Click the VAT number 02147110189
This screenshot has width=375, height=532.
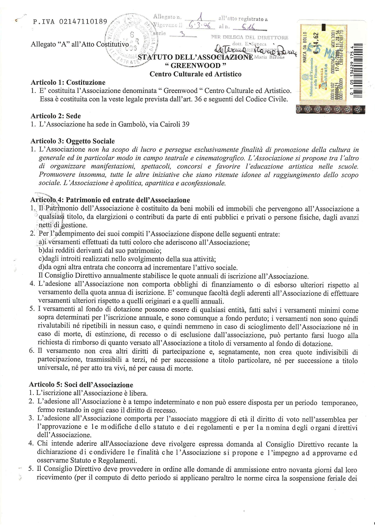click(83, 22)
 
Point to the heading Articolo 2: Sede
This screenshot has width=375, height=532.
click(56, 116)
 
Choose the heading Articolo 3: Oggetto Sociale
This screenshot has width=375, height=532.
click(73, 141)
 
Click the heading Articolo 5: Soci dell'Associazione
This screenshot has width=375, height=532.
click(81, 385)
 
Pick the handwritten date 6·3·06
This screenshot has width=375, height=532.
click(200, 25)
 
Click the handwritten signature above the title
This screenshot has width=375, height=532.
click(255, 50)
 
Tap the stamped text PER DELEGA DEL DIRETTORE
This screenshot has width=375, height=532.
click(249, 37)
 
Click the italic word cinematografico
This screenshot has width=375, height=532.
click(221, 158)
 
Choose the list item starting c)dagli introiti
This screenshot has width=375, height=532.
click(127, 259)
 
